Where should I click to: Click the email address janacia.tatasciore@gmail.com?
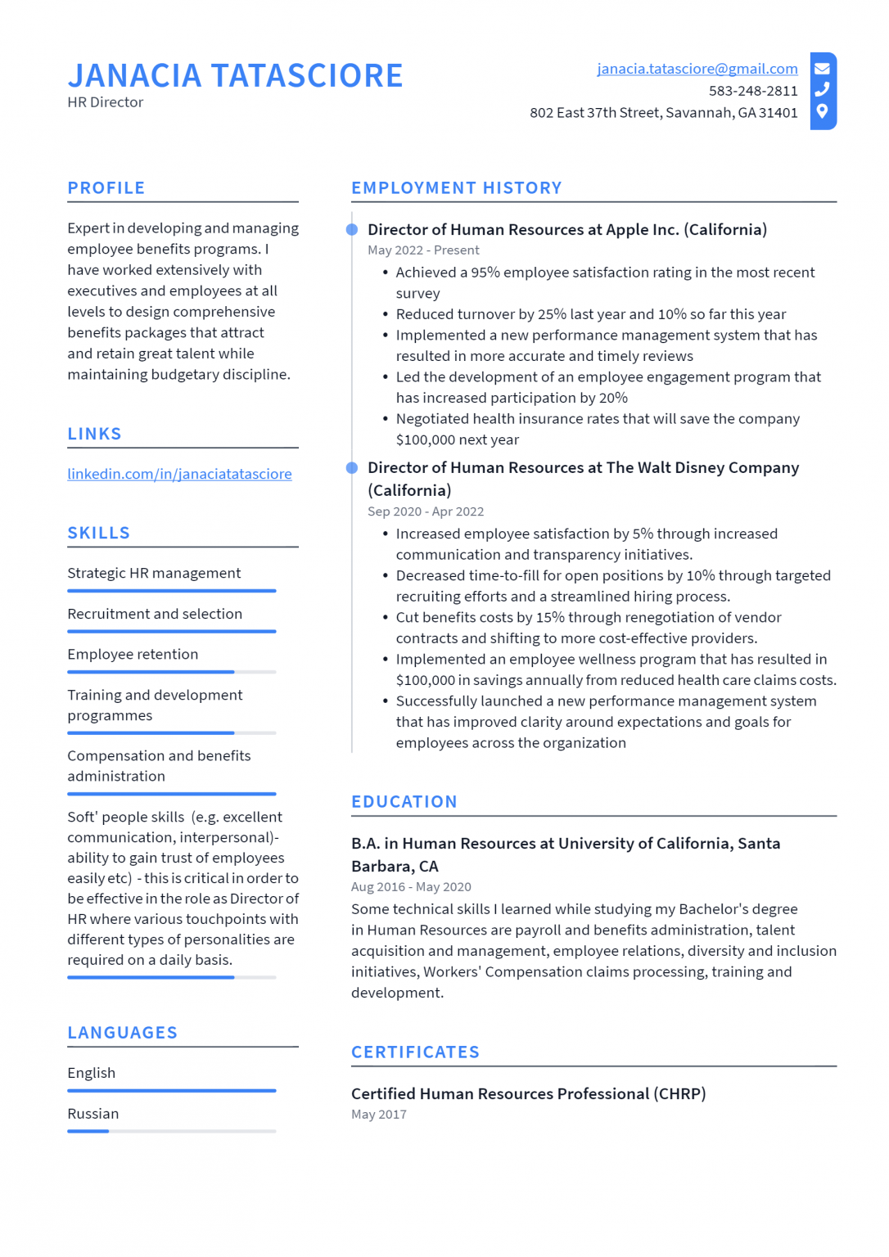point(697,69)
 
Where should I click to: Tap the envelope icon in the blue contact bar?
point(822,69)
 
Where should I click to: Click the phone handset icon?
point(822,89)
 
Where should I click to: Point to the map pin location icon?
point(822,111)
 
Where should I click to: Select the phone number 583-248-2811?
point(752,91)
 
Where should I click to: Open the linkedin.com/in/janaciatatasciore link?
point(179,474)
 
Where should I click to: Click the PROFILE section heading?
point(106,188)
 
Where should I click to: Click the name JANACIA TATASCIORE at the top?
point(235,75)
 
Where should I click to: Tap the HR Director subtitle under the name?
point(105,102)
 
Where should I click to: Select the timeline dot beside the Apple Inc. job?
point(352,230)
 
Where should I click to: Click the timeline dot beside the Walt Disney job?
point(352,468)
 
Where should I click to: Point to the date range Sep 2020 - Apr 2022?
point(425,511)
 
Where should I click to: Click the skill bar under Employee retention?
point(171,672)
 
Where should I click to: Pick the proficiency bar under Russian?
point(171,1131)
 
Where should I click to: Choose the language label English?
point(91,1073)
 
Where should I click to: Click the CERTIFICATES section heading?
point(415,1052)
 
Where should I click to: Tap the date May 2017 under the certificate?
point(378,1115)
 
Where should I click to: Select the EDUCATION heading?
point(404,802)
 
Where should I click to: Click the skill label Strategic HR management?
point(154,573)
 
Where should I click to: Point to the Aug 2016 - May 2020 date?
point(410,887)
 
